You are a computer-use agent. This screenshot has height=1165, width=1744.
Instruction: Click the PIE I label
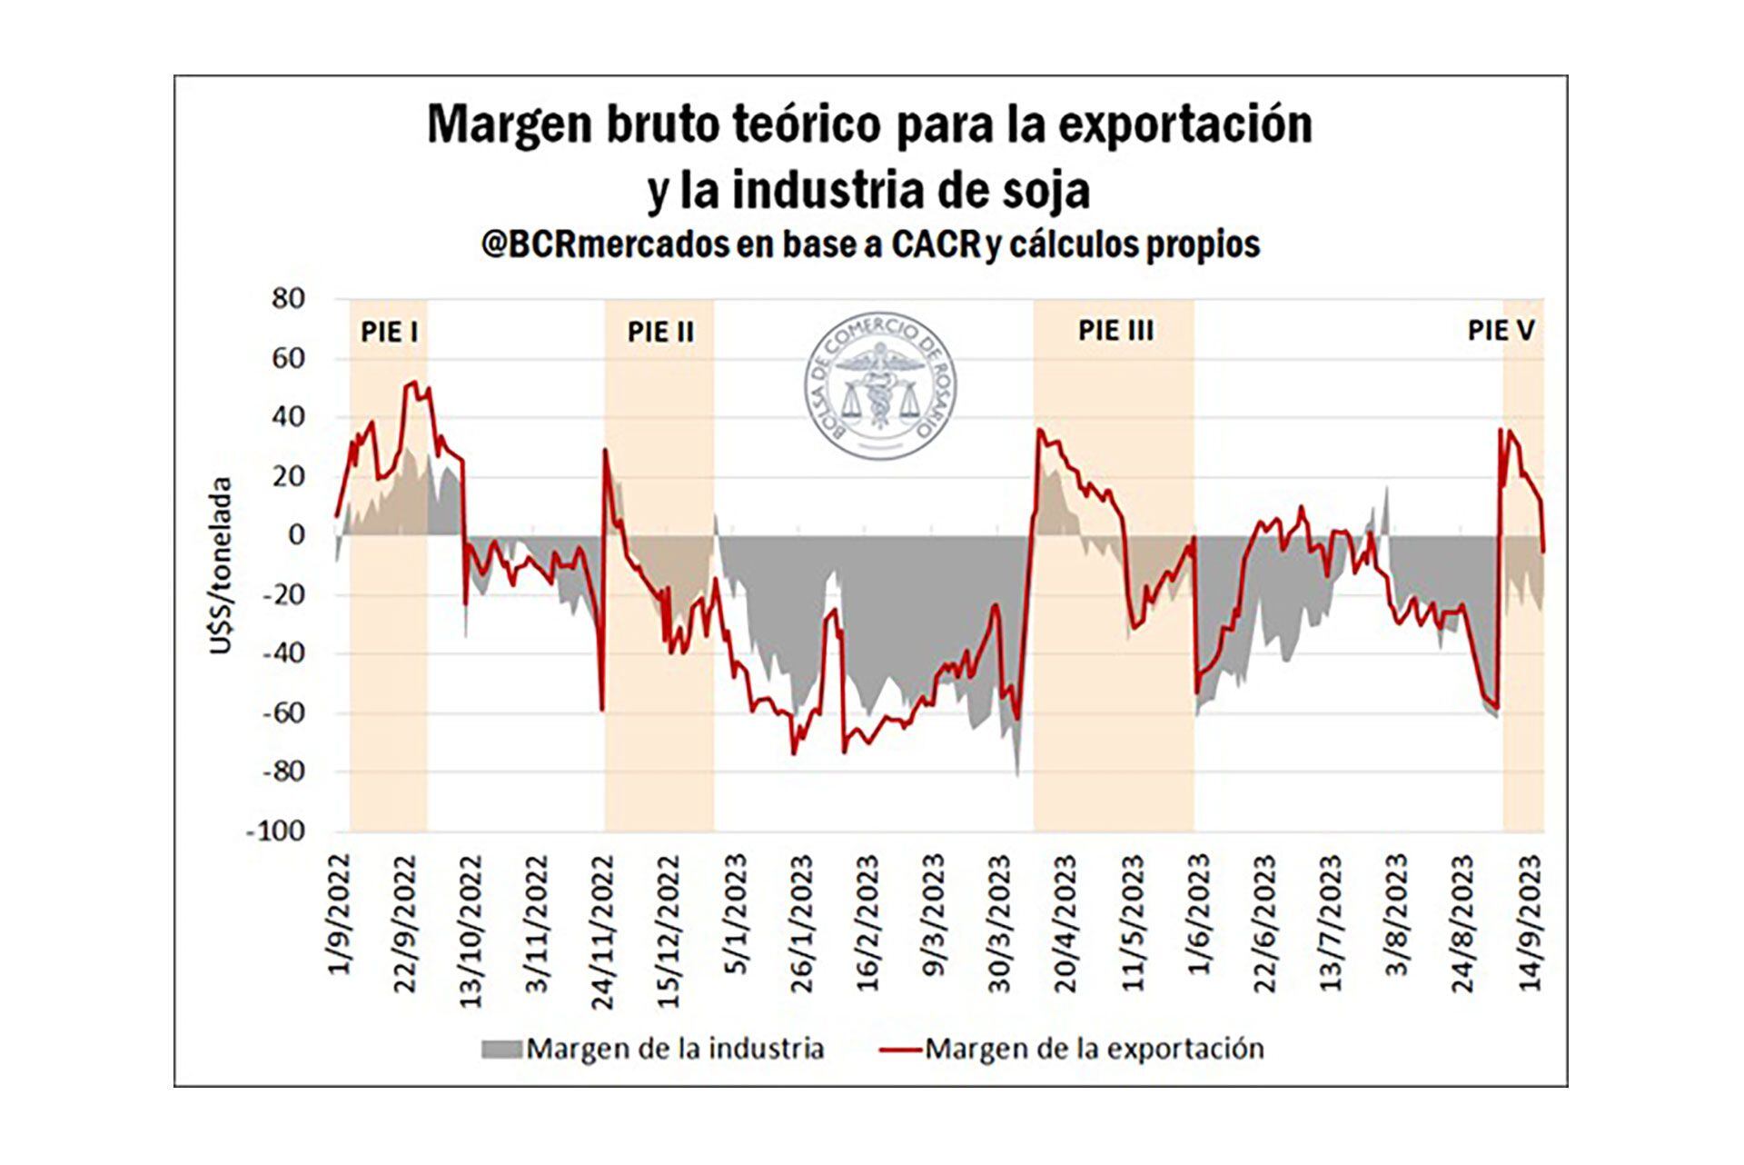[390, 331]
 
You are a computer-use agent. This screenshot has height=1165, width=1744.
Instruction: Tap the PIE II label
[660, 331]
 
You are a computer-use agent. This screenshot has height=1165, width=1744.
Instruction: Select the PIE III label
[1115, 330]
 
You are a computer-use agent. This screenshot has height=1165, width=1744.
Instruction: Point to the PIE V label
[1501, 330]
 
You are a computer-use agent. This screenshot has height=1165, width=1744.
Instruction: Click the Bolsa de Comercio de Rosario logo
[882, 388]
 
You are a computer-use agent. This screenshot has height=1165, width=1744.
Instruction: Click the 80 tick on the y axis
[288, 299]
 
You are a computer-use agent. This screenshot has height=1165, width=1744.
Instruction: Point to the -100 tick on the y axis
[275, 831]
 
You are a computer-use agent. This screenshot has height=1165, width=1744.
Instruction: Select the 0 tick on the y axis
[296, 535]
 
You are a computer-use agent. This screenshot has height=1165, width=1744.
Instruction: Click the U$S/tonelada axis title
[222, 565]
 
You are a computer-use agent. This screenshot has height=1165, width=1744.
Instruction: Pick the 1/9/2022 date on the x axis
[340, 913]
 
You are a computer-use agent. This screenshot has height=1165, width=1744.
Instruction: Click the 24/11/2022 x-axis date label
[603, 931]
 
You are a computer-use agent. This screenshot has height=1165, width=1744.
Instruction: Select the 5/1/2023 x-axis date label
[736, 913]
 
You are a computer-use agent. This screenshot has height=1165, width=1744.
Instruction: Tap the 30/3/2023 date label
[1000, 922]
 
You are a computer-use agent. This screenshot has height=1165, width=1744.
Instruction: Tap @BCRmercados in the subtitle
[605, 244]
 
